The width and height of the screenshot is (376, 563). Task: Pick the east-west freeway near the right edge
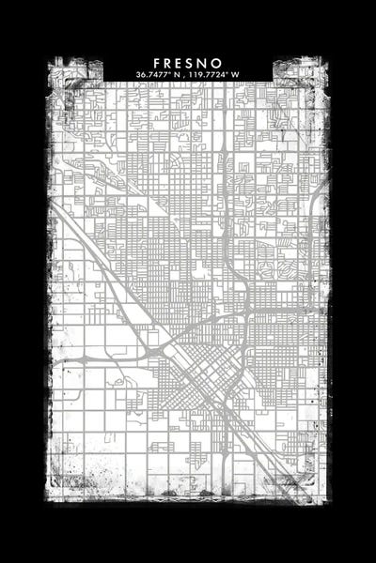coord(301,311)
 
